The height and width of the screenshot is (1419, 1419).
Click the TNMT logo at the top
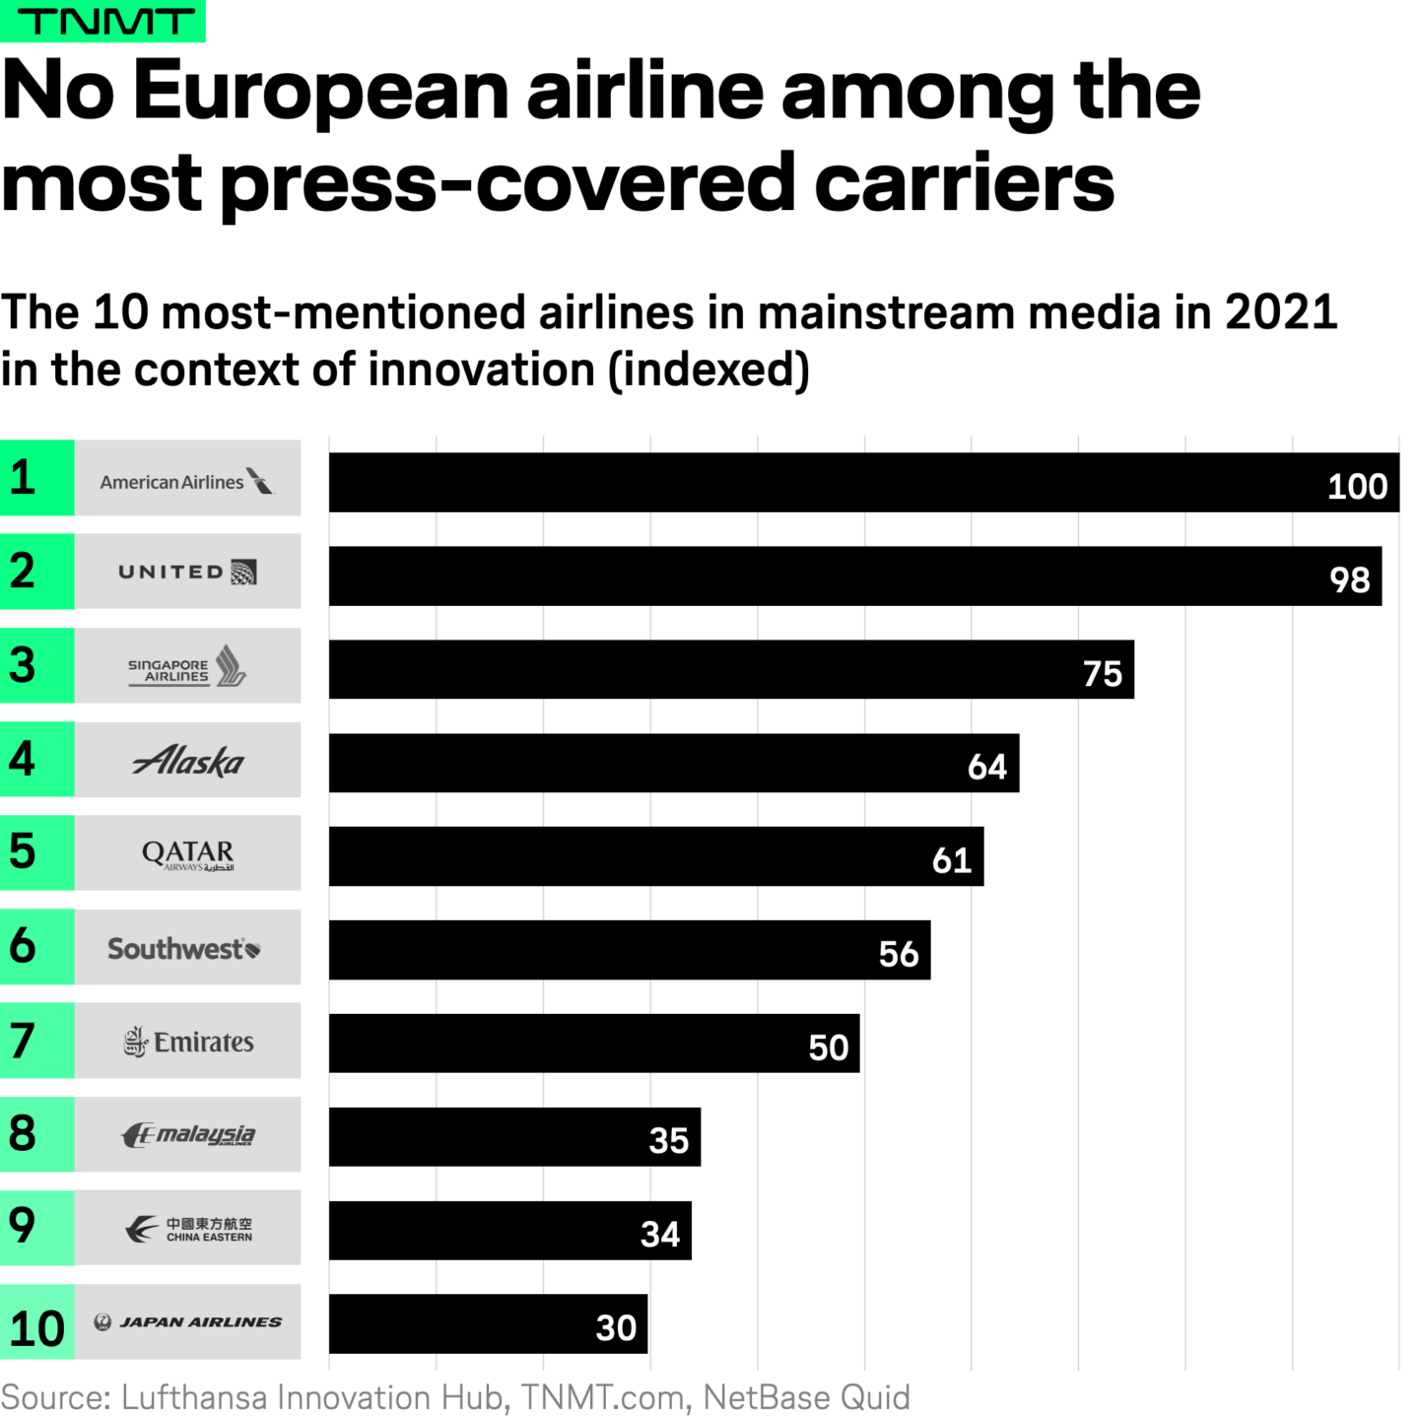[x=102, y=21]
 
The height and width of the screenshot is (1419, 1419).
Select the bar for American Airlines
[x=863, y=483]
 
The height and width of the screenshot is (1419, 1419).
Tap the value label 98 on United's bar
[x=1349, y=579]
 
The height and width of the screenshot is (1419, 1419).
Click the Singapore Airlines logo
[x=187, y=666]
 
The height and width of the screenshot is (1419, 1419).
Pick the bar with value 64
[x=674, y=763]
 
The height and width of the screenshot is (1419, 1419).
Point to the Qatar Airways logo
[x=187, y=853]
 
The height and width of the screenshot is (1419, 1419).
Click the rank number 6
[x=23, y=946]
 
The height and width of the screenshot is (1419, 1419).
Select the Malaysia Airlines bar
[x=514, y=1137]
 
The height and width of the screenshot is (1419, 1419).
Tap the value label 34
[x=659, y=1234]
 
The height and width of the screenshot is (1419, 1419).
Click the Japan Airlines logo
[x=187, y=1322]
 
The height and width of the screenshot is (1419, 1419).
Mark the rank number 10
[x=36, y=1328]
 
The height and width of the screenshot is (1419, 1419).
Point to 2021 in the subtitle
[x=1280, y=313]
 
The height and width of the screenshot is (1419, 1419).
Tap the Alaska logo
[x=187, y=761]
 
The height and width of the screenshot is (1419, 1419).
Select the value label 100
[x=1357, y=487]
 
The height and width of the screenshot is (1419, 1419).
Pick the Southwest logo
[x=184, y=948]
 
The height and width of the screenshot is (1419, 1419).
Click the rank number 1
[x=23, y=477]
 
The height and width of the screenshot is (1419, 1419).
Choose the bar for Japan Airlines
[x=488, y=1324]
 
